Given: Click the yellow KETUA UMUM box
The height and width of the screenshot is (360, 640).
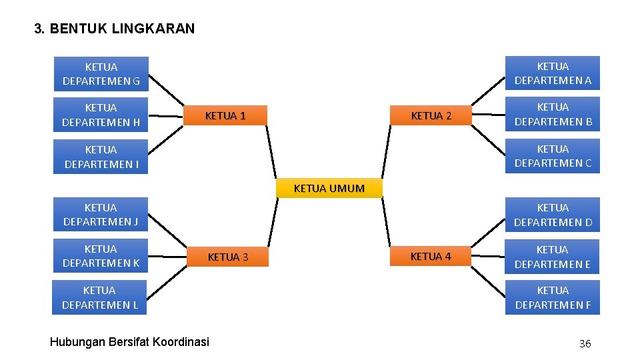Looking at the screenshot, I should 329,188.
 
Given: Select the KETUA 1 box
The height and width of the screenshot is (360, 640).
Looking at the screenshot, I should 225,115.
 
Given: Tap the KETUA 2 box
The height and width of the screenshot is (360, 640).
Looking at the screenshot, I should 431,115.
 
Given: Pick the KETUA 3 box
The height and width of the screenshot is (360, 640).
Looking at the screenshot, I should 228,257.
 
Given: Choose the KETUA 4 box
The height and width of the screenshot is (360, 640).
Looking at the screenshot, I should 431,256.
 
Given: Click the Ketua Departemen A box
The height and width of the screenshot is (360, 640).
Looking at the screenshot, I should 553,73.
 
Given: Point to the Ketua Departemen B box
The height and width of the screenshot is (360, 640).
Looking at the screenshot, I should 553,115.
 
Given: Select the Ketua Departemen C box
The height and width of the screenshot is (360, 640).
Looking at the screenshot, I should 553,156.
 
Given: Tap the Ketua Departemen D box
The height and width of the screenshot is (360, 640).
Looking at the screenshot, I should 553,215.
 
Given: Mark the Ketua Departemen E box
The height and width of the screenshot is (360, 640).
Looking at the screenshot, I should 553,257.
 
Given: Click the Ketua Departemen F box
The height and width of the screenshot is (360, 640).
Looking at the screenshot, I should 553,297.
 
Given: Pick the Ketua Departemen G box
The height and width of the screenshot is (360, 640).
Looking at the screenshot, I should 101,74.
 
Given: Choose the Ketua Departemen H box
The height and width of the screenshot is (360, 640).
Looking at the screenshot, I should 101,115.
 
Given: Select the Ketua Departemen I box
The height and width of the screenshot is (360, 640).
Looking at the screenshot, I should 101,157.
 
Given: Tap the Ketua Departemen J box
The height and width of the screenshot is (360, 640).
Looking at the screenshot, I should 101,215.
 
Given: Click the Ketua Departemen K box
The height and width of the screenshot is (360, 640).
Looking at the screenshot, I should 101,256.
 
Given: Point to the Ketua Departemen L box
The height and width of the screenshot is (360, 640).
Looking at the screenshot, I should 100,297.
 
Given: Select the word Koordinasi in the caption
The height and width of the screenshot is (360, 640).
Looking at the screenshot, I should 181,342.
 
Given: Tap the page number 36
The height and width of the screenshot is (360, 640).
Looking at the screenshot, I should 585,343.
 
